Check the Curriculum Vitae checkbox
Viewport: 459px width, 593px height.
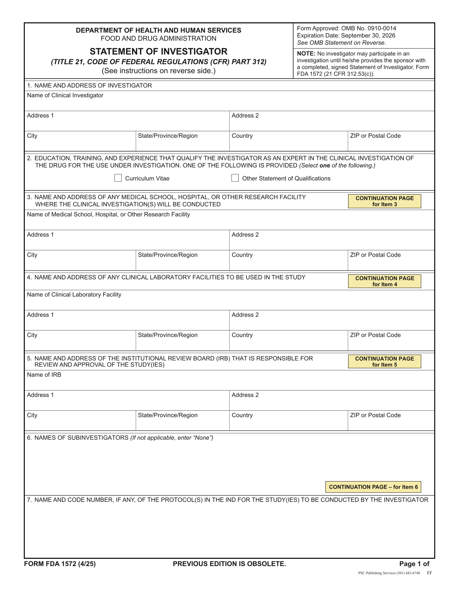[x=118, y=178]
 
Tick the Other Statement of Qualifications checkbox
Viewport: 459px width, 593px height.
[x=235, y=178]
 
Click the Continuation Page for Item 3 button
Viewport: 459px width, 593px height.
[x=384, y=201]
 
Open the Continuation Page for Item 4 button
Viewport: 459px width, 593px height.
[x=384, y=281]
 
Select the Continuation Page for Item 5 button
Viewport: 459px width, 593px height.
[x=384, y=361]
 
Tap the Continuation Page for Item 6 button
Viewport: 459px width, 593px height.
[x=373, y=487]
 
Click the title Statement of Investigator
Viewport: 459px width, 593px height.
[x=158, y=51]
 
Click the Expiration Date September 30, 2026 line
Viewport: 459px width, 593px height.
[x=346, y=36]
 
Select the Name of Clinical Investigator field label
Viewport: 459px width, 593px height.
[x=65, y=95]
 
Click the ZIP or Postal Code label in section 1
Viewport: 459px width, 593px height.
[x=375, y=136]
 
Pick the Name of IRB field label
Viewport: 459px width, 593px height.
[x=44, y=375]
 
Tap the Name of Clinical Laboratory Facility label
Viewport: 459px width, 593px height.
[x=74, y=295]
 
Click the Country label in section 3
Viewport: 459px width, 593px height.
[x=242, y=255]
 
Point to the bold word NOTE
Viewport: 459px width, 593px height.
[x=306, y=54]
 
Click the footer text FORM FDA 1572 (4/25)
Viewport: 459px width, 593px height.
[x=60, y=564]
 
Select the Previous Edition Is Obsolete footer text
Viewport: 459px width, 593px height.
[x=229, y=564]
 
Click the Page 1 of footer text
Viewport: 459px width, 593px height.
[x=414, y=564]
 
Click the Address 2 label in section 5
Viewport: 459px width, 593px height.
[x=245, y=395]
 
